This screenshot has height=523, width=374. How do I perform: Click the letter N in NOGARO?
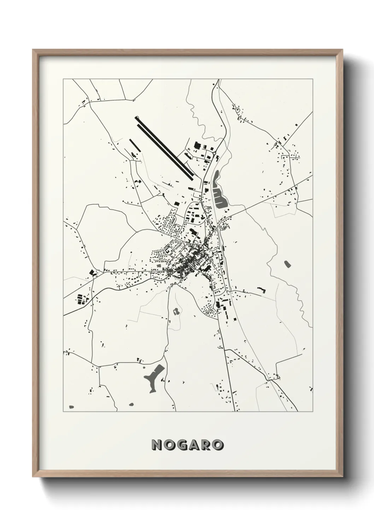point(157,445)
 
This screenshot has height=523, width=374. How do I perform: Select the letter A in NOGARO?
point(194,445)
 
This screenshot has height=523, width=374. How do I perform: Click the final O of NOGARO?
point(218,445)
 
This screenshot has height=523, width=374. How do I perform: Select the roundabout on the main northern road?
point(214,153)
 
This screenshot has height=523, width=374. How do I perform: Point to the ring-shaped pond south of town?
point(176,311)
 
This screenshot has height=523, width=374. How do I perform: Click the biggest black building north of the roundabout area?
point(197,145)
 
